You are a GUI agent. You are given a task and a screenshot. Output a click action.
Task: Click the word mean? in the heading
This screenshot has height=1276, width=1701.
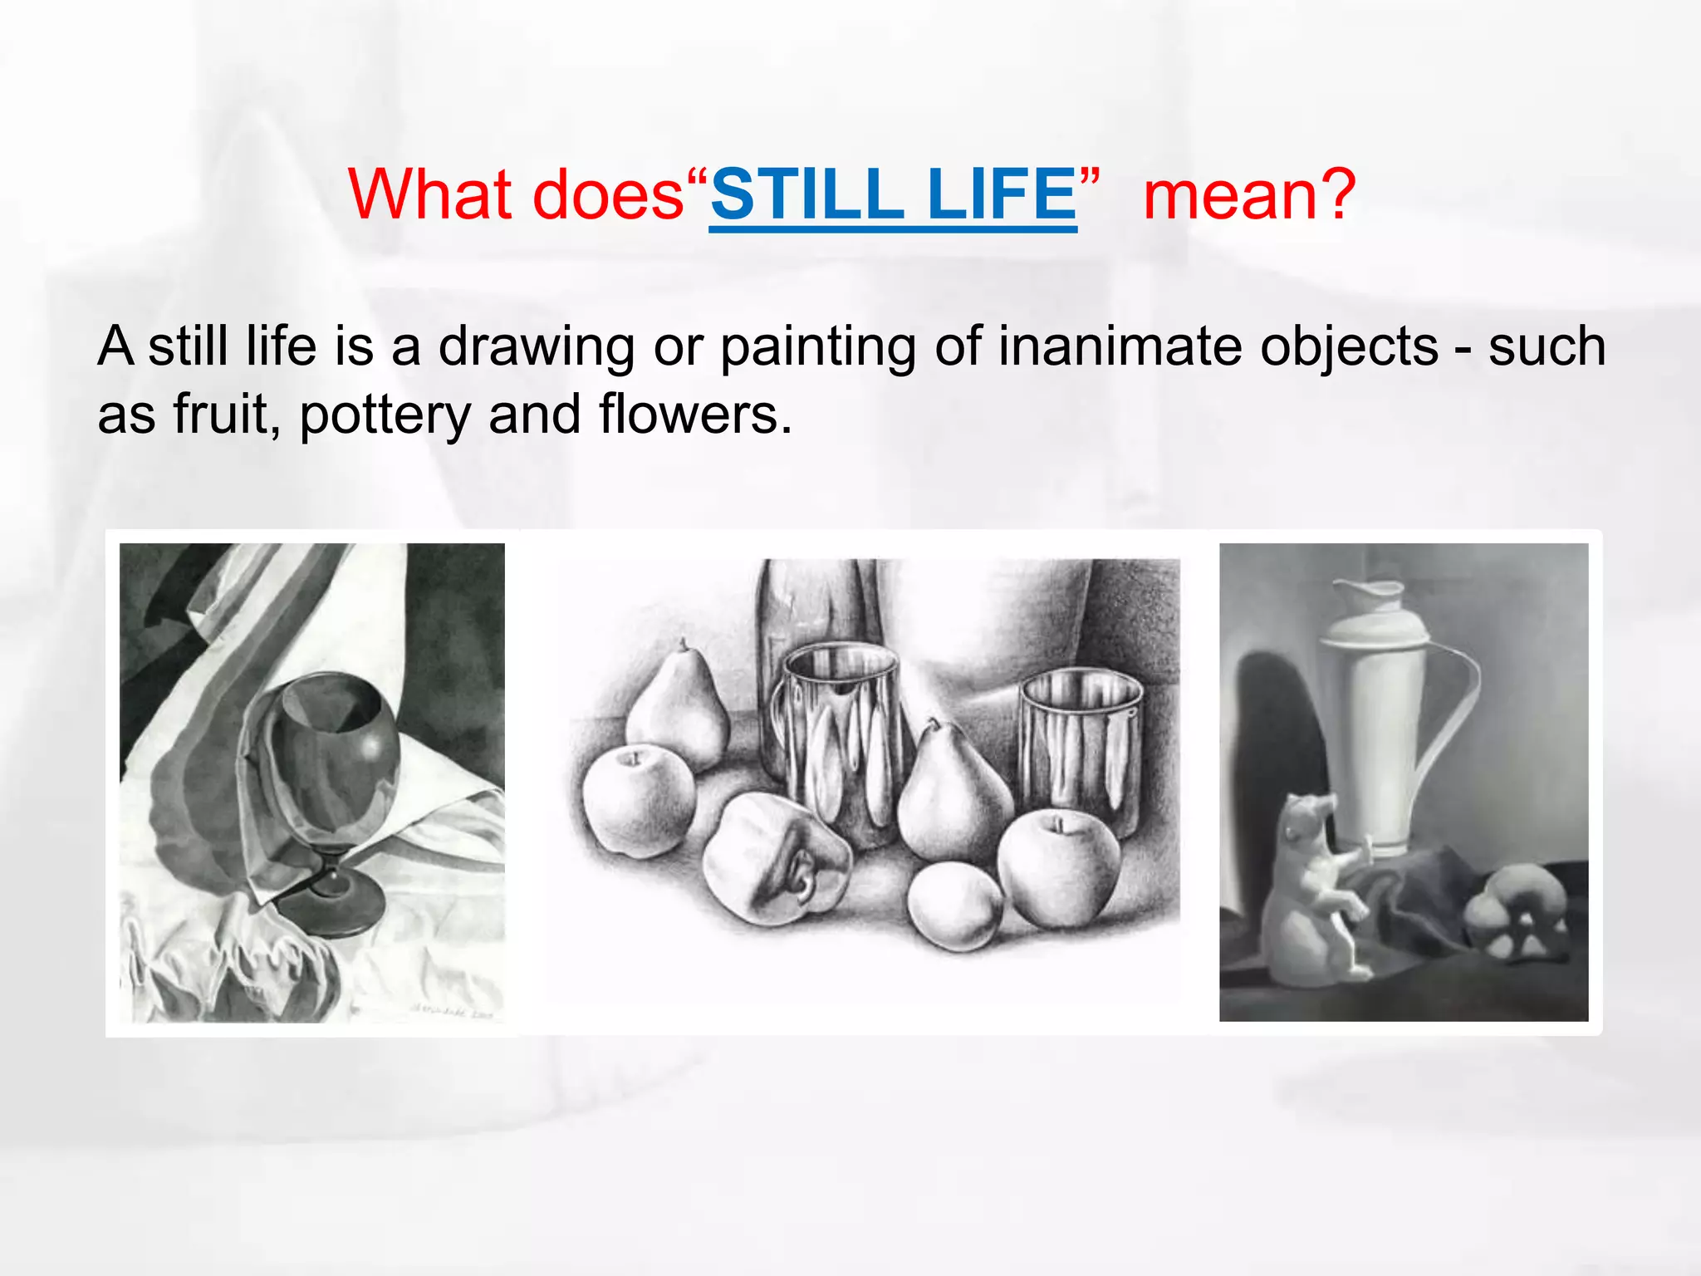1249,195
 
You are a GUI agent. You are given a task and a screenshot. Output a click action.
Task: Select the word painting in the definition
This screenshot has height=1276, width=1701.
817,347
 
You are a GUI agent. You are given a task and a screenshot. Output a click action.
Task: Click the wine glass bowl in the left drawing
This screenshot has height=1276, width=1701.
332,752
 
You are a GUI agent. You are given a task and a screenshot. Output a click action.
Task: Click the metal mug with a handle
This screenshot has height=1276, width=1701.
839,739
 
